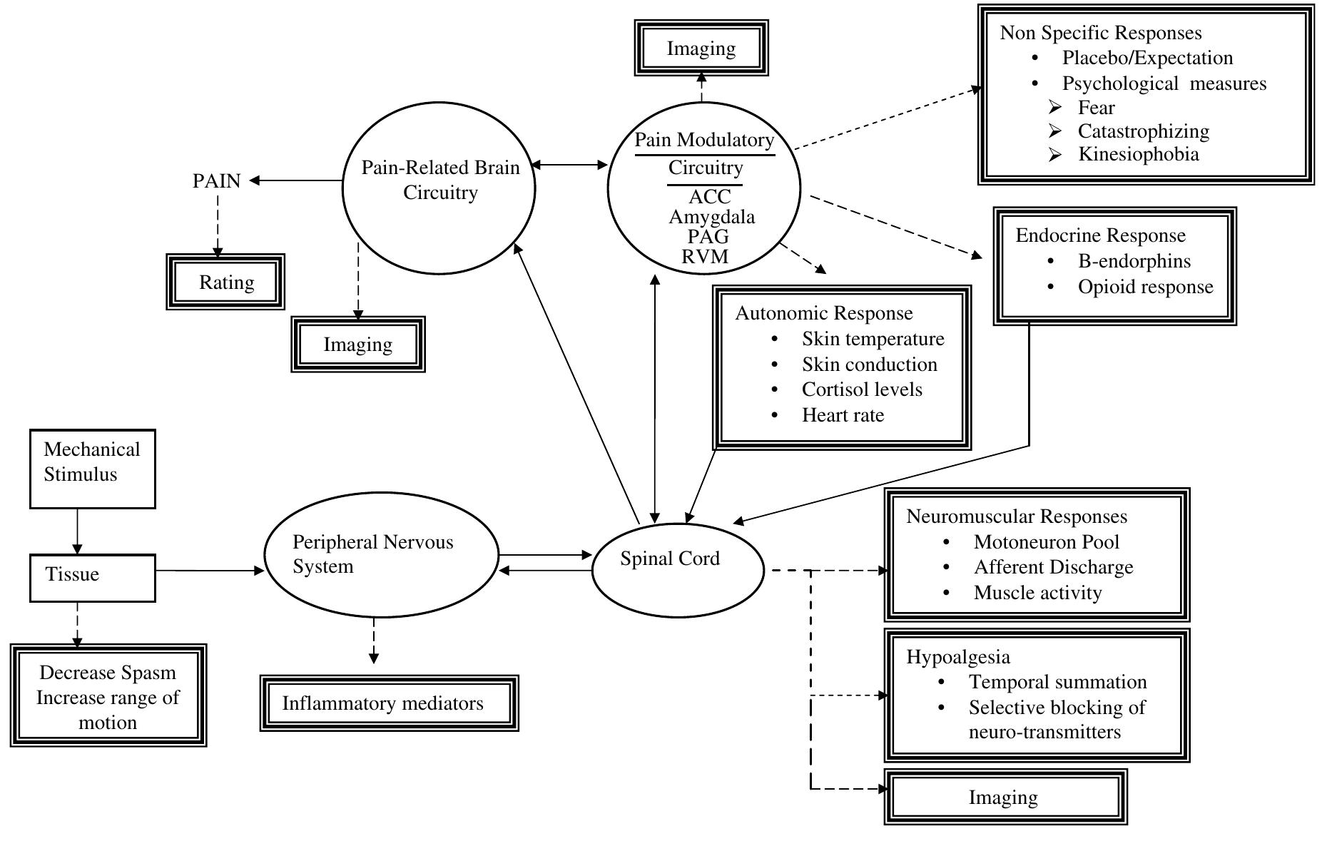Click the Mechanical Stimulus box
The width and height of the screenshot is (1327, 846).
click(x=92, y=469)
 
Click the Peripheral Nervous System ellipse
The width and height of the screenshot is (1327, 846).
click(x=381, y=556)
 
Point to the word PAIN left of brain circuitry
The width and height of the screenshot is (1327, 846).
click(x=217, y=181)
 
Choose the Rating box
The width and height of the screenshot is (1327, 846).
click(x=225, y=282)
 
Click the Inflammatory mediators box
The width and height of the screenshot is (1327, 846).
click(x=389, y=703)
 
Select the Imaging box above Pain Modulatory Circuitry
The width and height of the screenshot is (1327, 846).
click(x=701, y=49)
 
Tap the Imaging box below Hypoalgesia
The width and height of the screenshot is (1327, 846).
click(x=1005, y=797)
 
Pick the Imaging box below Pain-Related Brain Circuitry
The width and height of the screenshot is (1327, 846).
click(x=358, y=345)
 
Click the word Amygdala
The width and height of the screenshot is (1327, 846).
click(x=711, y=217)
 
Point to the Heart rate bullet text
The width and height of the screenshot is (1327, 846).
click(x=843, y=415)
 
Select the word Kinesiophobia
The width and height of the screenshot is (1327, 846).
click(x=1138, y=155)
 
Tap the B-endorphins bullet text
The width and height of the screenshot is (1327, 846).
click(x=1134, y=261)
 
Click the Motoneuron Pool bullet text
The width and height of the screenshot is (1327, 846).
click(x=1046, y=542)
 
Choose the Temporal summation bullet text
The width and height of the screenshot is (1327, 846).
click(x=1057, y=682)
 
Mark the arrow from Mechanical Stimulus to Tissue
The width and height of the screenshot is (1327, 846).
click(x=78, y=531)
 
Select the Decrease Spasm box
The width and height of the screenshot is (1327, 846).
click(x=108, y=696)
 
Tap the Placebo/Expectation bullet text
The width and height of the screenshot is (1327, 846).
click(x=1147, y=58)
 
